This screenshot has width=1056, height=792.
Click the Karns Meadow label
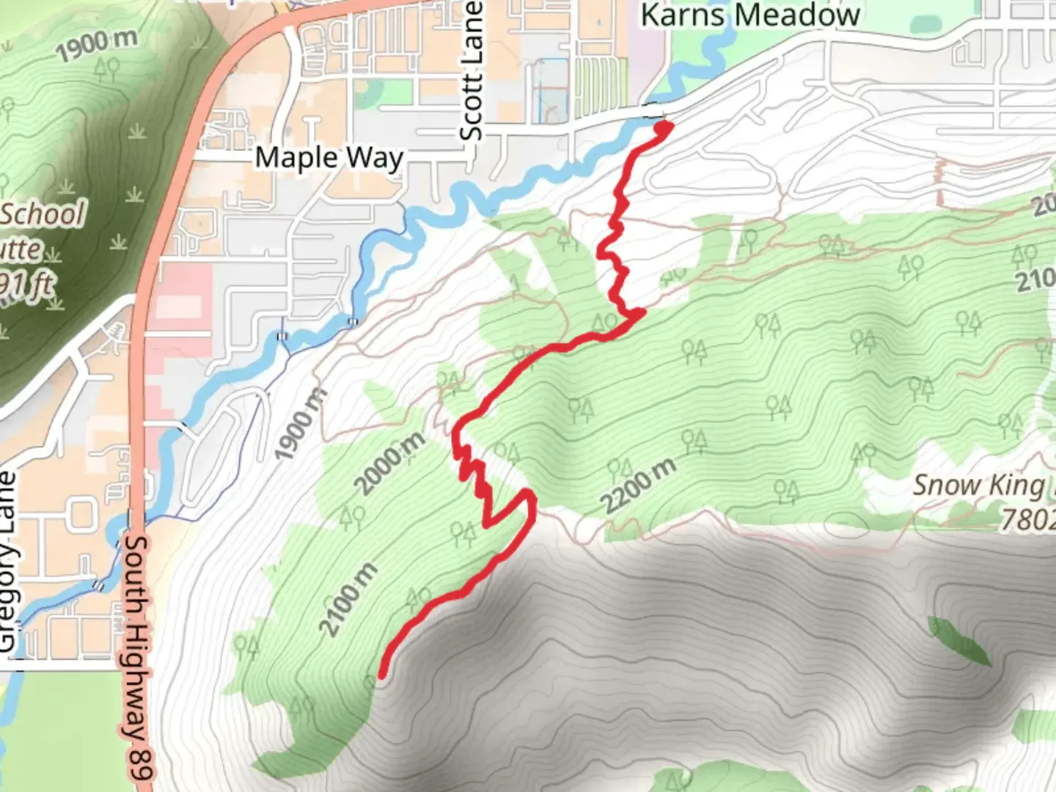click(750, 15)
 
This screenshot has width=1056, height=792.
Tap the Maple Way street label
click(329, 158)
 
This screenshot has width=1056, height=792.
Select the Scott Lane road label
click(472, 71)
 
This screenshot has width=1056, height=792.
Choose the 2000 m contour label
click(389, 463)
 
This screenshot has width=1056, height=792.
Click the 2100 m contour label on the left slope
click(349, 599)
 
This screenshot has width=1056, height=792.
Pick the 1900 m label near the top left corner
click(96, 45)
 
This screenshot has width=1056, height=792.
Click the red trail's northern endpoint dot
click(663, 128)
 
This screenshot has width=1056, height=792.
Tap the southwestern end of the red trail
click(382, 673)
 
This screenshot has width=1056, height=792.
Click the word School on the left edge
click(43, 215)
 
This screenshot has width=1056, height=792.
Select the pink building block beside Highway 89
click(183, 293)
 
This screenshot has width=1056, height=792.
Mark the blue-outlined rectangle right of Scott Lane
click(553, 91)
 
